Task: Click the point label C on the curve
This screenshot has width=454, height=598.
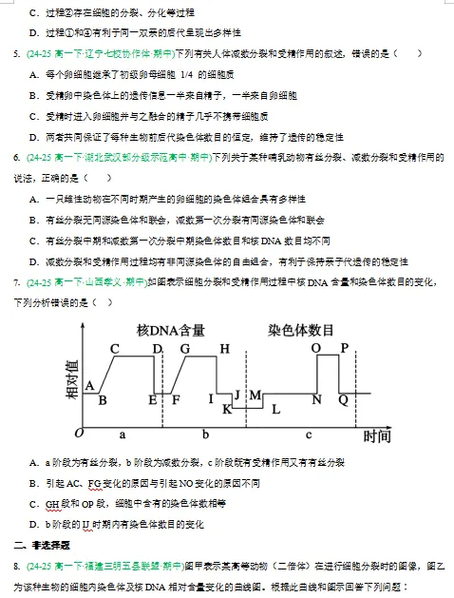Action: pos(115,348)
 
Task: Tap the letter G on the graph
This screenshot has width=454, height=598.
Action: pos(184,348)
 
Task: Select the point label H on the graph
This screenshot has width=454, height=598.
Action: pos(224,348)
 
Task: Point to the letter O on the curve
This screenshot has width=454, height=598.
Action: pos(317,348)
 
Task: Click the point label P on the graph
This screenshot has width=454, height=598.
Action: pos(345,348)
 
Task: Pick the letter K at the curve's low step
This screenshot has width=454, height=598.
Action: pos(227,409)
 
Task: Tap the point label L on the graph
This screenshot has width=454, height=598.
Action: pos(275,410)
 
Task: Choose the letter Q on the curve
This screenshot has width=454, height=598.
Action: pos(343,400)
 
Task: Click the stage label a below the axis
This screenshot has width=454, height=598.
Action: pos(122,434)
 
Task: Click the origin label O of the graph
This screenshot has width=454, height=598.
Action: pos(81,434)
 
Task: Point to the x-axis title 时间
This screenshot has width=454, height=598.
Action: pos(377,436)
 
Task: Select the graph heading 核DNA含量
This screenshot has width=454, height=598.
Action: pos(171,330)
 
